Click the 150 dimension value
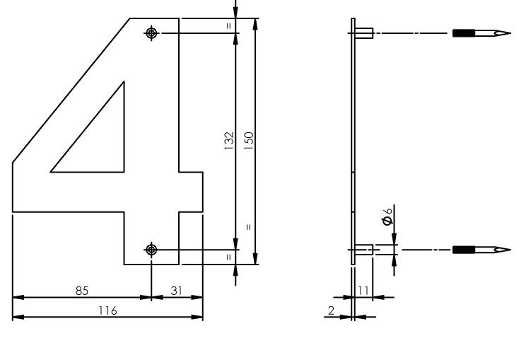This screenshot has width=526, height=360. click(248, 139)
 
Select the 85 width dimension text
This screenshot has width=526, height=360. click(82, 290)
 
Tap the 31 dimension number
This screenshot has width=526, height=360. click(177, 290)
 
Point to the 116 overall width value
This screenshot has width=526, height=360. click(107, 310)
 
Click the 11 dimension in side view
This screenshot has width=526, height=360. click(363, 290)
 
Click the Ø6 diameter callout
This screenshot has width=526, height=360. click(387, 216)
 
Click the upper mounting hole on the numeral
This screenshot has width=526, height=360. click(151, 33)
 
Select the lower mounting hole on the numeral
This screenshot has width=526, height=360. click(151, 249)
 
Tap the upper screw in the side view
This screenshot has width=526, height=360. click(480, 33)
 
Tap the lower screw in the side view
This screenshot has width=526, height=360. click(480, 249)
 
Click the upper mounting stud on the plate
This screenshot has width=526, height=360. click(363, 33)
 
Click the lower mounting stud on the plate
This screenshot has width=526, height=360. click(363, 249)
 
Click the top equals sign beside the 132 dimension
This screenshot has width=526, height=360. click(228, 25)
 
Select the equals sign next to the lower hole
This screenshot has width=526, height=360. click(228, 256)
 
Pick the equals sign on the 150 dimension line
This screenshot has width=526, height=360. click(248, 227)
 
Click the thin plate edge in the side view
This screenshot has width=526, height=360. click(353, 141)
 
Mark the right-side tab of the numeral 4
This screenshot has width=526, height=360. click(191, 191)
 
